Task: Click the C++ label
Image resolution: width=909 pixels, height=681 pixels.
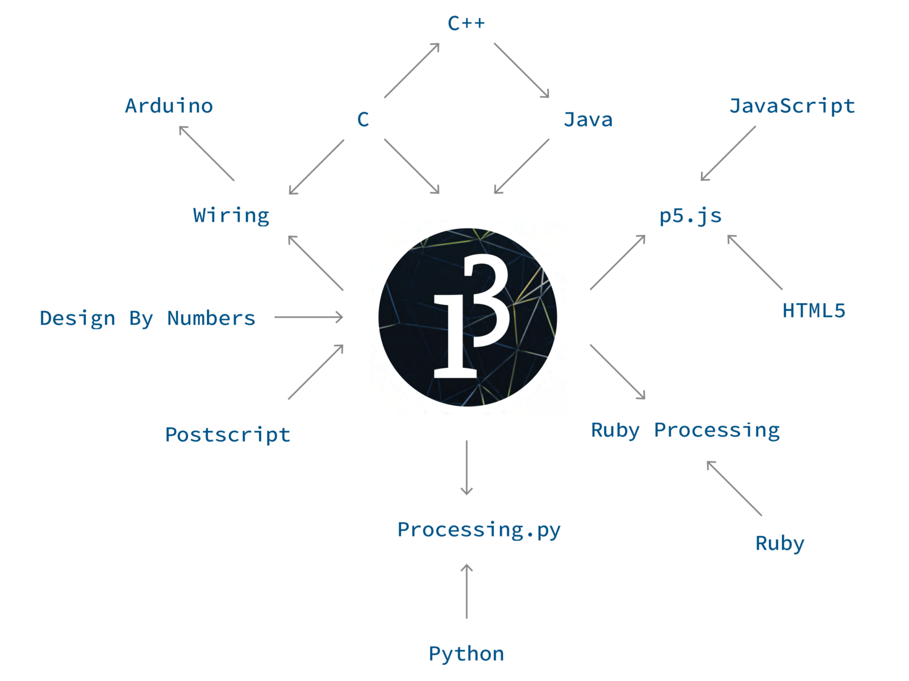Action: coord(466,23)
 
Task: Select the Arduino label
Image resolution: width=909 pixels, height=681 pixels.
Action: coord(169,106)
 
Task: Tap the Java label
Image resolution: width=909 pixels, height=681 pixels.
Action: coord(588,120)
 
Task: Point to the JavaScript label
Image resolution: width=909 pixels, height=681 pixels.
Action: coord(792,106)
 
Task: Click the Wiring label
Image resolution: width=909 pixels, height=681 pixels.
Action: coord(231,216)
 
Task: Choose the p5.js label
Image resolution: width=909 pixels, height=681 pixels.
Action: coord(690,216)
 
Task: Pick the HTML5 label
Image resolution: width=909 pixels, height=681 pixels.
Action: coord(814,310)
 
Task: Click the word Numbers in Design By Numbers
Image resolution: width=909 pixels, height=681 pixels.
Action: coord(211,318)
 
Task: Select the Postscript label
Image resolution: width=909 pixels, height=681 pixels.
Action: coord(227,435)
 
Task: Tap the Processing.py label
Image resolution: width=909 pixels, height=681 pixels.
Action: coord(478,530)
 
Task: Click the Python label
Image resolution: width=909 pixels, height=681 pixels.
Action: coord(466,654)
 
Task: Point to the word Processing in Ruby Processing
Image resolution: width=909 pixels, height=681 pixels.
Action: coord(716,430)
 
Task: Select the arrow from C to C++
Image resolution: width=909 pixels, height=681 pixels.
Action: coord(411,70)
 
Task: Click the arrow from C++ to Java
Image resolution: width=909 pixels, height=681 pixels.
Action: coord(522,70)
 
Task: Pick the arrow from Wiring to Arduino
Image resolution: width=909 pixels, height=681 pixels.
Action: coord(207,153)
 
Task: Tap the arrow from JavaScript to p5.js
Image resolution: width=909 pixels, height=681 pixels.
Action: coord(728,153)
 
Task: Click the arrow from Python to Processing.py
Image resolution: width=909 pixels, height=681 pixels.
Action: coord(466,591)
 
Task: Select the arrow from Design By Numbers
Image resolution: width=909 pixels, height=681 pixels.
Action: coord(308,317)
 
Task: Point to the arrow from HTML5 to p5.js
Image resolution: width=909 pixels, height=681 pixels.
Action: coord(754,262)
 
